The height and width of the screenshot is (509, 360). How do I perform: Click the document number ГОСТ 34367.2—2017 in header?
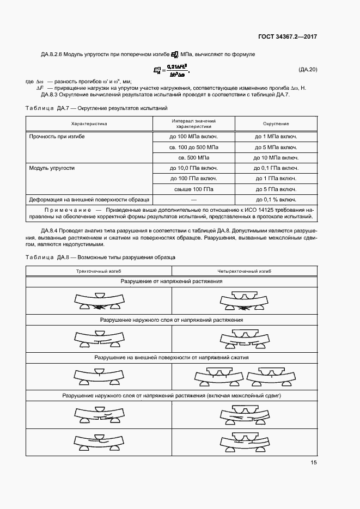[x=287, y=36]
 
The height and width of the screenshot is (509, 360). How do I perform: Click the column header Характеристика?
[x=89, y=124]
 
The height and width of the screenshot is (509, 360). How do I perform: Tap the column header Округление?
[x=276, y=124]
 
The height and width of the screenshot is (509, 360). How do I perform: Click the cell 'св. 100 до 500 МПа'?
[x=194, y=148]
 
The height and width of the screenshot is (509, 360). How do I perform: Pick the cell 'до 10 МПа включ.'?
[x=276, y=158]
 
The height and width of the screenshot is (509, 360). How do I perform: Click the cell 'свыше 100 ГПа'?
[x=194, y=189]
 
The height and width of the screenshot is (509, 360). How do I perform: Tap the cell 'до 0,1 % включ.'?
[x=276, y=200]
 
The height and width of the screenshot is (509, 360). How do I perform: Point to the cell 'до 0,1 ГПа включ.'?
[x=276, y=168]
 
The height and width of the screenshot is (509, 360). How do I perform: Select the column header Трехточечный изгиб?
[x=99, y=271]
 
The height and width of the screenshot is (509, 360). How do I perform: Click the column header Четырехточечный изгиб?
[x=245, y=271]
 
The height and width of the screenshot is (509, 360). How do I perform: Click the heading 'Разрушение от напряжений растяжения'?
[x=172, y=282]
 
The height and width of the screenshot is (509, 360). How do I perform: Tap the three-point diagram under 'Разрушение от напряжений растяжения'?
[x=99, y=301]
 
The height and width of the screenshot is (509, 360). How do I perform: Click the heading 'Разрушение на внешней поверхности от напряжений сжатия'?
[x=172, y=358]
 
